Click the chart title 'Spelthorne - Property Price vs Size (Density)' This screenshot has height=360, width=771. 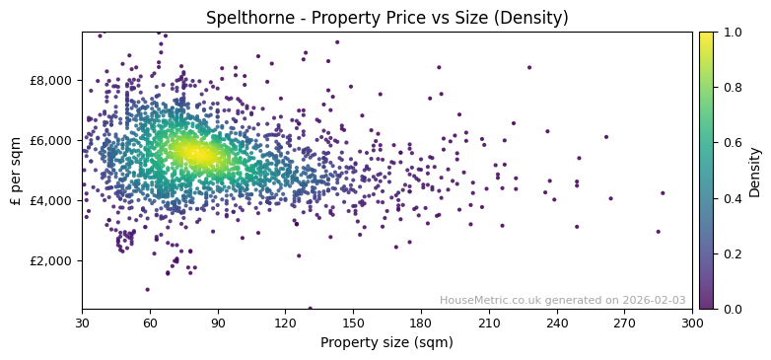click(386, 18)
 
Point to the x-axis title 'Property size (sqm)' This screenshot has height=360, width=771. click(386, 342)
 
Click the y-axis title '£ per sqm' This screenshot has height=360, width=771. click(17, 170)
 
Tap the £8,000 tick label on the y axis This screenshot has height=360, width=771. click(49, 80)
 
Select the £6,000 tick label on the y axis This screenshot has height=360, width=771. click(49, 140)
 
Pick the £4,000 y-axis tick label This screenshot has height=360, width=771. click(49, 200)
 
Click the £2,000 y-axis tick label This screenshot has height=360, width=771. click(49, 260)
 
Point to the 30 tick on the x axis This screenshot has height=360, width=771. click(82, 323)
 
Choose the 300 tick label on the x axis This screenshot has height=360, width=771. click(692, 323)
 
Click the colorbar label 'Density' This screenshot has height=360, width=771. click(755, 172)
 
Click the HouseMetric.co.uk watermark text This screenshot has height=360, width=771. click(562, 300)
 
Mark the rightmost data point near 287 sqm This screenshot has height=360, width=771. click(663, 193)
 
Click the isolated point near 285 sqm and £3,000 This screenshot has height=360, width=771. click(659, 232)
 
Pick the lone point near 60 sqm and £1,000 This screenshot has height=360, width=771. click(148, 289)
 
